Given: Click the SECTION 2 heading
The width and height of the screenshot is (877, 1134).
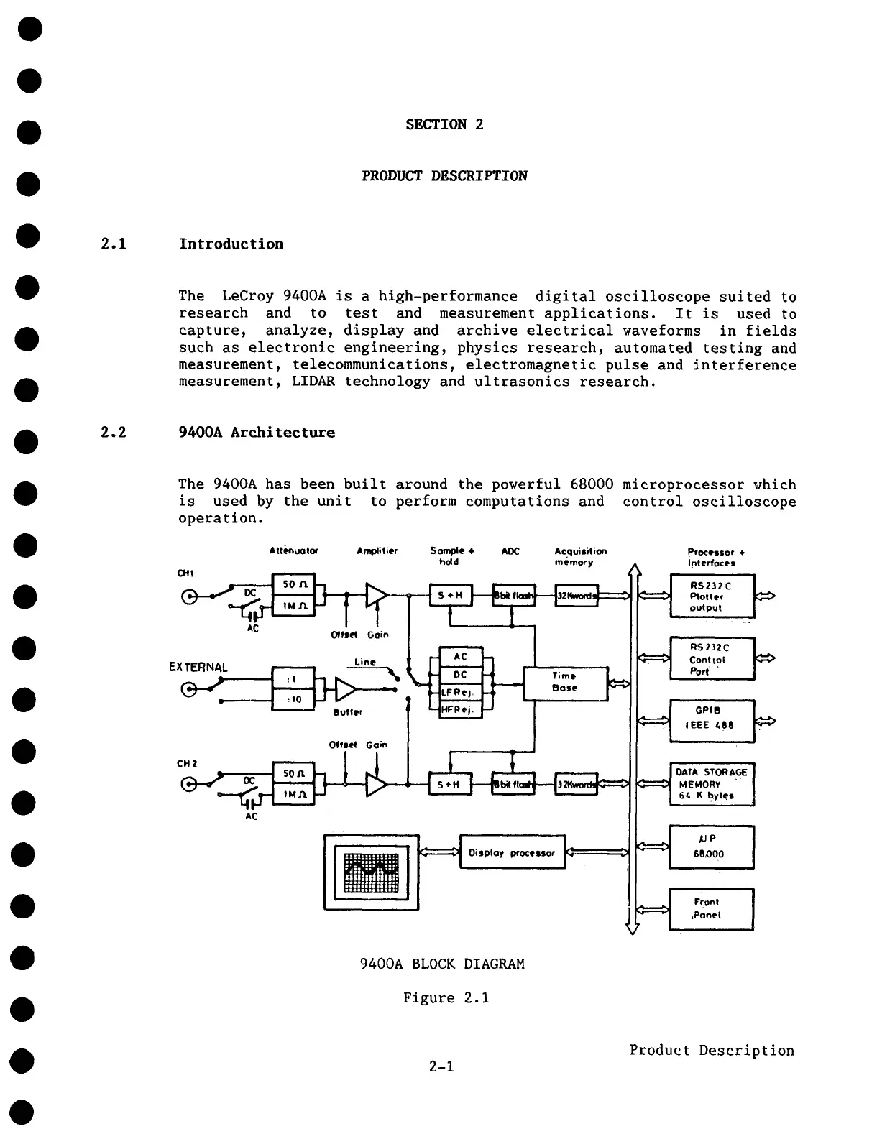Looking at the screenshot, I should pos(444,124).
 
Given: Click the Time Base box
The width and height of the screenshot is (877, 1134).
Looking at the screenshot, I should pos(565,682).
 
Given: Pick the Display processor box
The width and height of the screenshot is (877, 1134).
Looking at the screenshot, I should pos(512,852).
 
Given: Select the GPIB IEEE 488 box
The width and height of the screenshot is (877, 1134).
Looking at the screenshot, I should pos(711,719).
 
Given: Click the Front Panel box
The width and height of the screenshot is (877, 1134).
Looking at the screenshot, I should pos(711,909).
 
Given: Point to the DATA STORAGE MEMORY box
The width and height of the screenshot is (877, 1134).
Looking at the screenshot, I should pos(711,783).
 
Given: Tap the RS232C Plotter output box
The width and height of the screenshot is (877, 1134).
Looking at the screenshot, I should pos(711,596).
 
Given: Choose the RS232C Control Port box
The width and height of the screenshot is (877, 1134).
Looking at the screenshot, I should pos(711,658).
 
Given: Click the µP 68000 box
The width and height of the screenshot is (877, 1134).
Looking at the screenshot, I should pos(711,847).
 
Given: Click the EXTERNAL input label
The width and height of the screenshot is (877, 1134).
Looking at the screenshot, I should pos(198,667).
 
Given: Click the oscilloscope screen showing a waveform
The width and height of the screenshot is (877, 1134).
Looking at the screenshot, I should pos(371,872).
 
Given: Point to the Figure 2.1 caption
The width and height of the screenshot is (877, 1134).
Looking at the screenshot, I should pos(446,997).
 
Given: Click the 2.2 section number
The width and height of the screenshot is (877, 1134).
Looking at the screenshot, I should pos(114,433).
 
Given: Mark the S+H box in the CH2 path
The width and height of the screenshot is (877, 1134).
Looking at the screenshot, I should pos(450,784).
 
